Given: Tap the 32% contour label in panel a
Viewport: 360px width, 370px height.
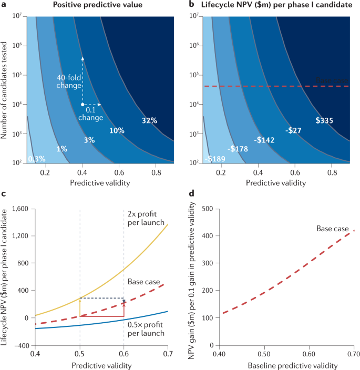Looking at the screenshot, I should click(x=149, y=120).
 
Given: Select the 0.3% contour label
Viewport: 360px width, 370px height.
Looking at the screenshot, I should click(x=36, y=158).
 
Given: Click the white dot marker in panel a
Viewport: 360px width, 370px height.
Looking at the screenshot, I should click(x=83, y=105).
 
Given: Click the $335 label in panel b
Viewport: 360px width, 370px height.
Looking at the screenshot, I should click(x=324, y=120).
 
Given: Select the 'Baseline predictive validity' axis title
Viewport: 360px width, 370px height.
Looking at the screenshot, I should click(x=276, y=365).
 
